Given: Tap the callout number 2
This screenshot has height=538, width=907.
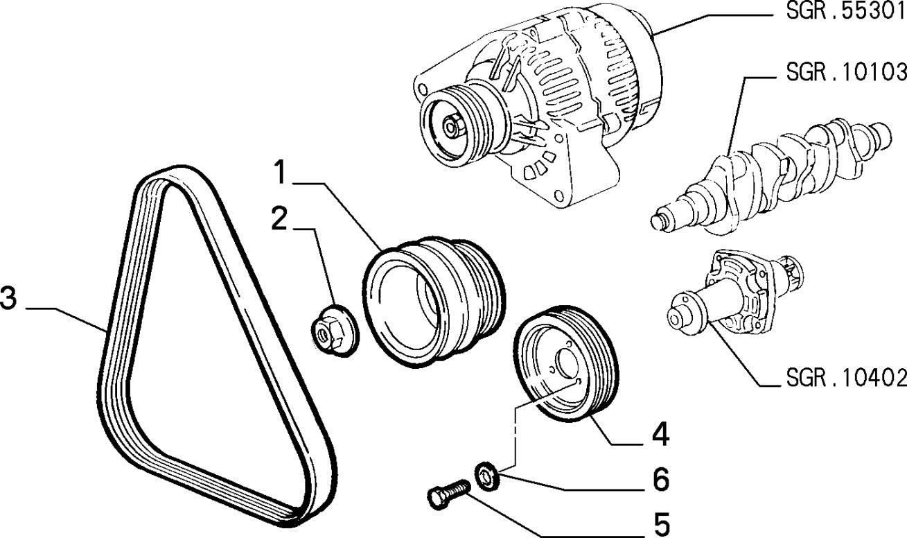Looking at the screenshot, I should (279, 218).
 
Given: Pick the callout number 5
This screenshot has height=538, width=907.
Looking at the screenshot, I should (659, 524).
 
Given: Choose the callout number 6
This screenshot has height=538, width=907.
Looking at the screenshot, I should (659, 480).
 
